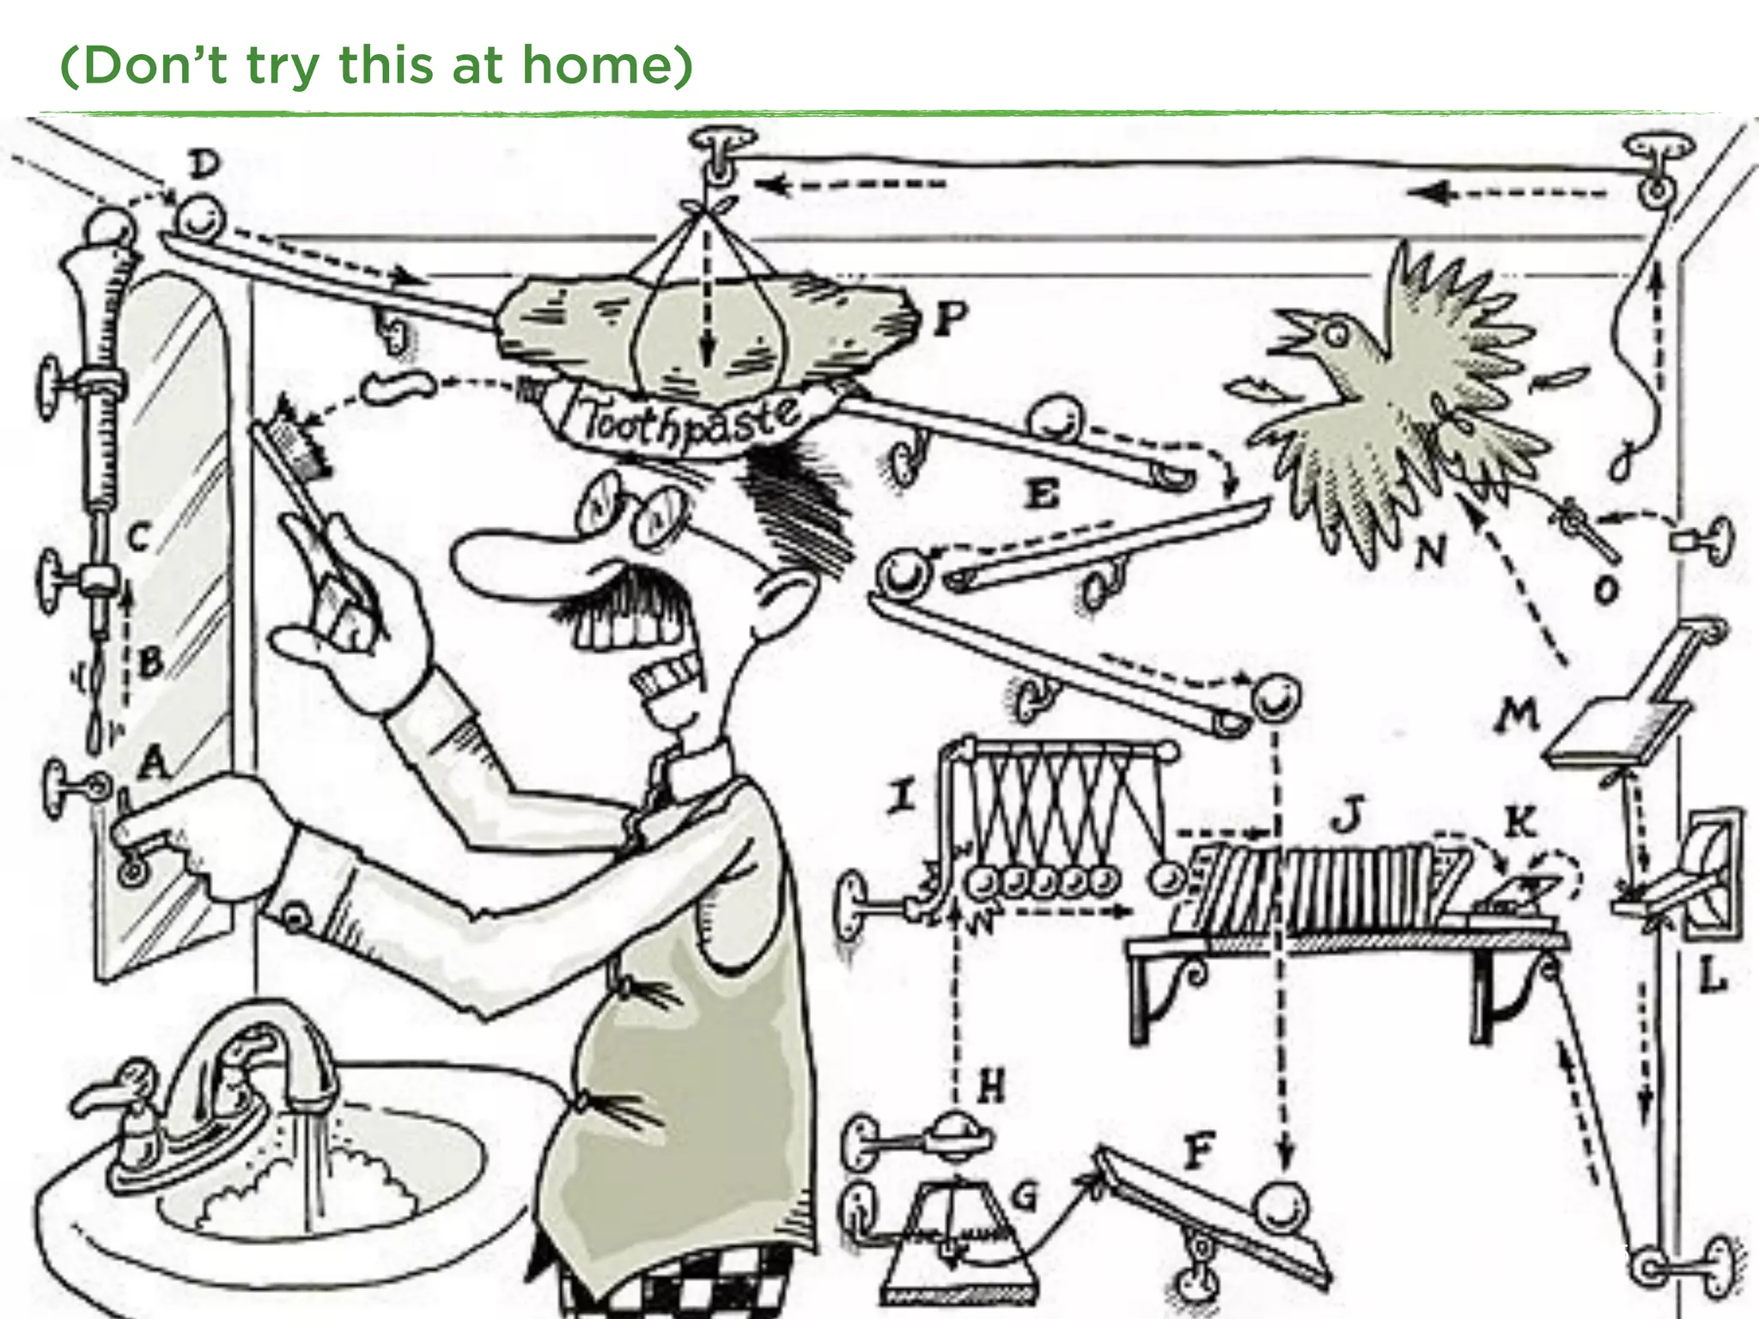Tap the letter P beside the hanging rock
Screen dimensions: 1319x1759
tap(949, 320)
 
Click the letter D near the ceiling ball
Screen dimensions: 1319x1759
tap(204, 163)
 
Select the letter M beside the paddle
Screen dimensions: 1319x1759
tap(1518, 714)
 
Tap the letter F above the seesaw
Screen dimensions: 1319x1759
tap(1199, 1151)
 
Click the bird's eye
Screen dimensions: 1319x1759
tap(1335, 336)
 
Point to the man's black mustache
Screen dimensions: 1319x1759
tap(618, 593)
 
